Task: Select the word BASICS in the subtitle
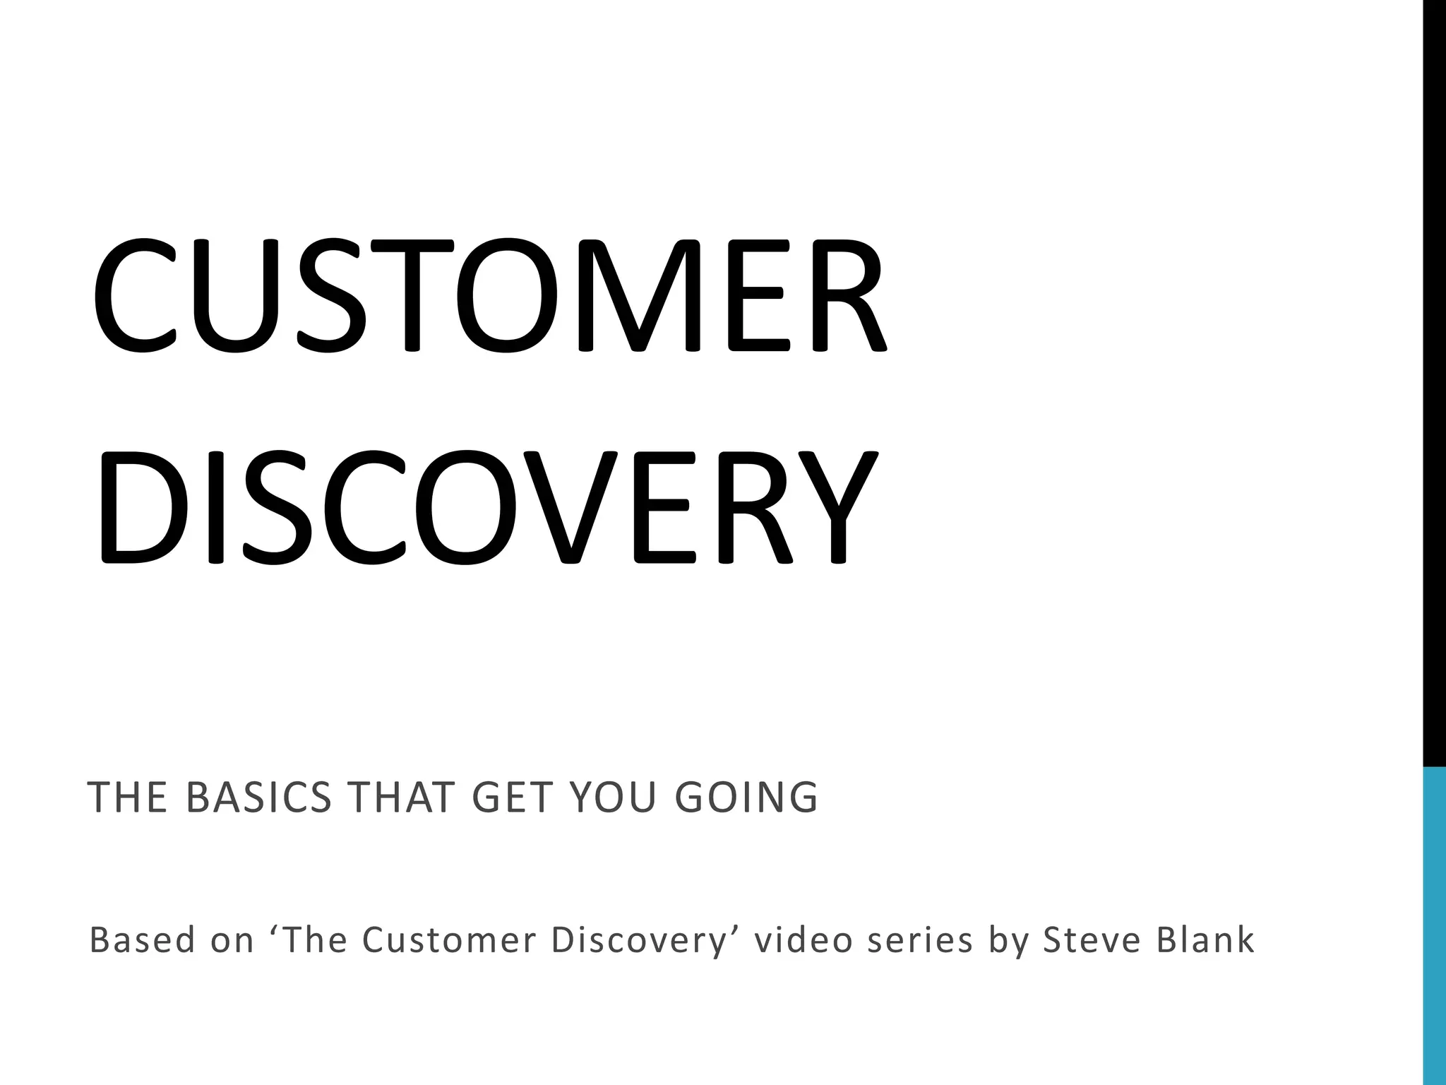click(x=259, y=798)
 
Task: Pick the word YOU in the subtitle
click(x=612, y=798)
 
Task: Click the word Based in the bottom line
click(x=142, y=940)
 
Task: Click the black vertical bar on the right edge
click(x=1434, y=381)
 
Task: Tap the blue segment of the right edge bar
click(x=1434, y=925)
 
